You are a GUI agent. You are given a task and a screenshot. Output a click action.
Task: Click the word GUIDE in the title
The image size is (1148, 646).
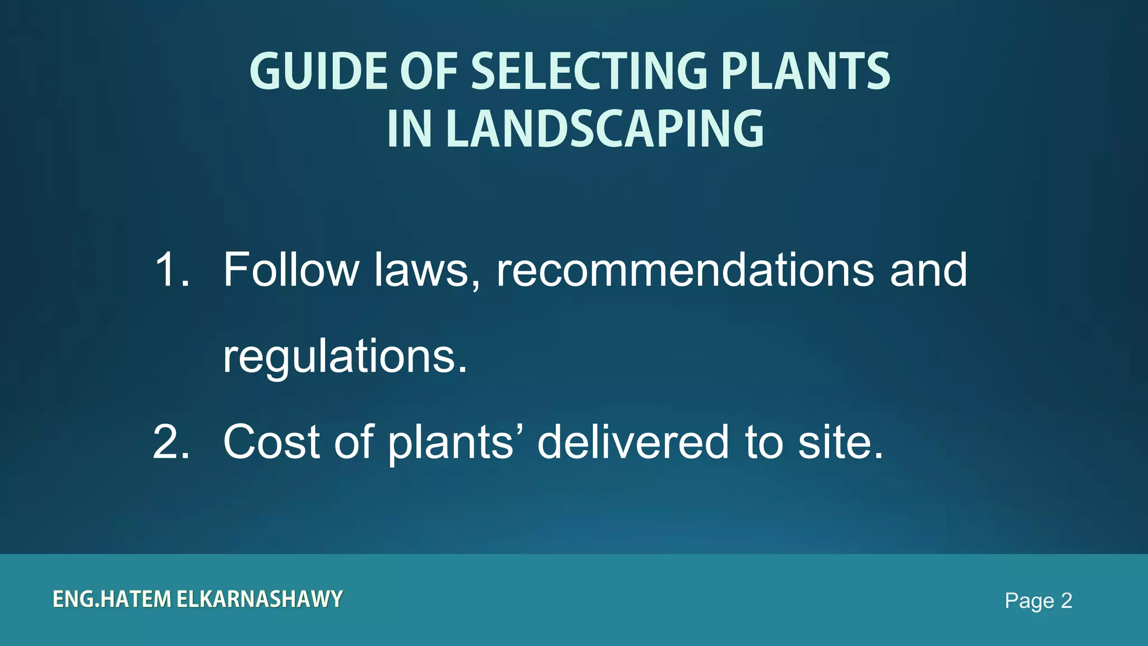[x=318, y=71]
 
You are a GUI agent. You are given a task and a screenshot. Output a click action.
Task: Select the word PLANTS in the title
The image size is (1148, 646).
[x=806, y=71]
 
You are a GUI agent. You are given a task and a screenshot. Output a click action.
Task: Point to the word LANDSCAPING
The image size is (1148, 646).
[x=605, y=130]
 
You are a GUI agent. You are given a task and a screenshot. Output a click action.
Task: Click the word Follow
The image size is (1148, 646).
[x=291, y=270]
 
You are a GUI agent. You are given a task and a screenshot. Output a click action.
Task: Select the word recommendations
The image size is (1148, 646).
[x=685, y=270]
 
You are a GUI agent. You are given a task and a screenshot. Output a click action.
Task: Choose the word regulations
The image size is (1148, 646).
[x=345, y=357]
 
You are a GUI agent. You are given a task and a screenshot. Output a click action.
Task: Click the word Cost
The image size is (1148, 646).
[x=272, y=442]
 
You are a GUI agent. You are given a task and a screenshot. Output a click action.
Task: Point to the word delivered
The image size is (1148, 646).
[x=633, y=442]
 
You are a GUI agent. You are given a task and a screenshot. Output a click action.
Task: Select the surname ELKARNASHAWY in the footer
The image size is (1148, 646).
[x=260, y=599]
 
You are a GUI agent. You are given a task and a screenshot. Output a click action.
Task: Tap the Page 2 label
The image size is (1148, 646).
[x=1038, y=601]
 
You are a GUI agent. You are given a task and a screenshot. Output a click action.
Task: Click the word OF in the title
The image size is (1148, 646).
[x=429, y=71]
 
